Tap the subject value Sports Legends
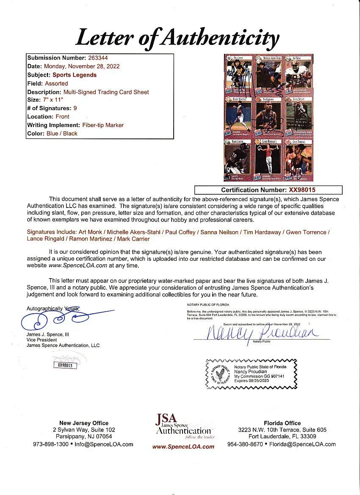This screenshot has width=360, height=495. pos(75,75)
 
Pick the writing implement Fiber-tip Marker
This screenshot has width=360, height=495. pos(102,125)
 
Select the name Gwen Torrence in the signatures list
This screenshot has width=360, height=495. pos(309,232)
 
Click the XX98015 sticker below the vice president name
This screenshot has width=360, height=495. pos(65,365)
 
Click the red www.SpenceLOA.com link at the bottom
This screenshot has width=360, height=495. pos(183,447)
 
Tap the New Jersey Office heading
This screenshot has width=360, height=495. pos(84,423)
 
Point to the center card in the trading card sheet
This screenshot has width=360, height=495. pos(269,117)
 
